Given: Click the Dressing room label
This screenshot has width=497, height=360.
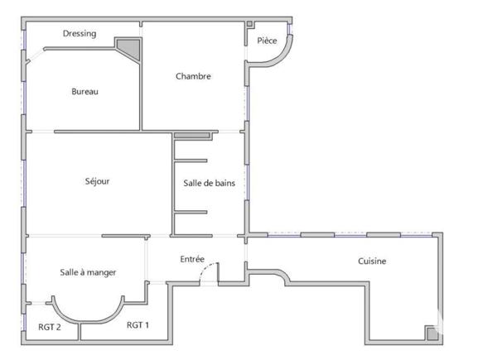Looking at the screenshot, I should pos(80,34).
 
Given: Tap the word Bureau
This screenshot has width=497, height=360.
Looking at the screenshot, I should pos(84,92).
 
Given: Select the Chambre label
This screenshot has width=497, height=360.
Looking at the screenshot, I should pos(193,76).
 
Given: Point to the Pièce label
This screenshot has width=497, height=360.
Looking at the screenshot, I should pos(267,41).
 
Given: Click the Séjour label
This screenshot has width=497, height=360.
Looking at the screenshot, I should pos(97,181).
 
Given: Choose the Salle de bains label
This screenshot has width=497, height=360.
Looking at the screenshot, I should pos(209,183).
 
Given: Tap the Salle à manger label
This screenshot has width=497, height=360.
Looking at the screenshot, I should pos(88,272).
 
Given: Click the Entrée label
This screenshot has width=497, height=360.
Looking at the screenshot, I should pos(192,259).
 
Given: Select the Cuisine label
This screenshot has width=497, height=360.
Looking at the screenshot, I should pos(372,262).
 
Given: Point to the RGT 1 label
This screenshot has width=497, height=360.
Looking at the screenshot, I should pos(138,325).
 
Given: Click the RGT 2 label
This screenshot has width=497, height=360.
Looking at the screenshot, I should pos(50,327).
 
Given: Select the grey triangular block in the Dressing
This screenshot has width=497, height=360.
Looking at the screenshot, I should pos(128,48).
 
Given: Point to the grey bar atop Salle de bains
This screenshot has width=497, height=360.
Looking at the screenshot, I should pos(195,134).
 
